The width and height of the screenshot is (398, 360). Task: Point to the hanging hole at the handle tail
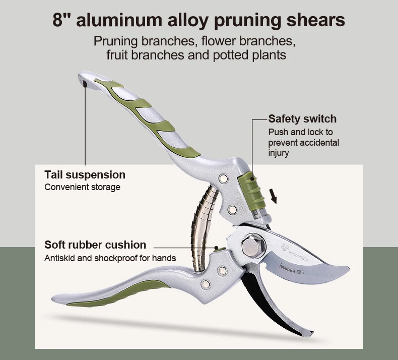click(x=85, y=82)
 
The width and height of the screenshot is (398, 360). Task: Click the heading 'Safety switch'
click(x=302, y=119)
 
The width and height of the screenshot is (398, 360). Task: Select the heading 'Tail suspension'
click(x=85, y=175)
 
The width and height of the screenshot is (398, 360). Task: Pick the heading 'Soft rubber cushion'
click(x=95, y=245)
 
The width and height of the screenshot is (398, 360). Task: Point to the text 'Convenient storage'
click(x=83, y=188)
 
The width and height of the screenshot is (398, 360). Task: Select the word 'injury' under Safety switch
click(x=279, y=153)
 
